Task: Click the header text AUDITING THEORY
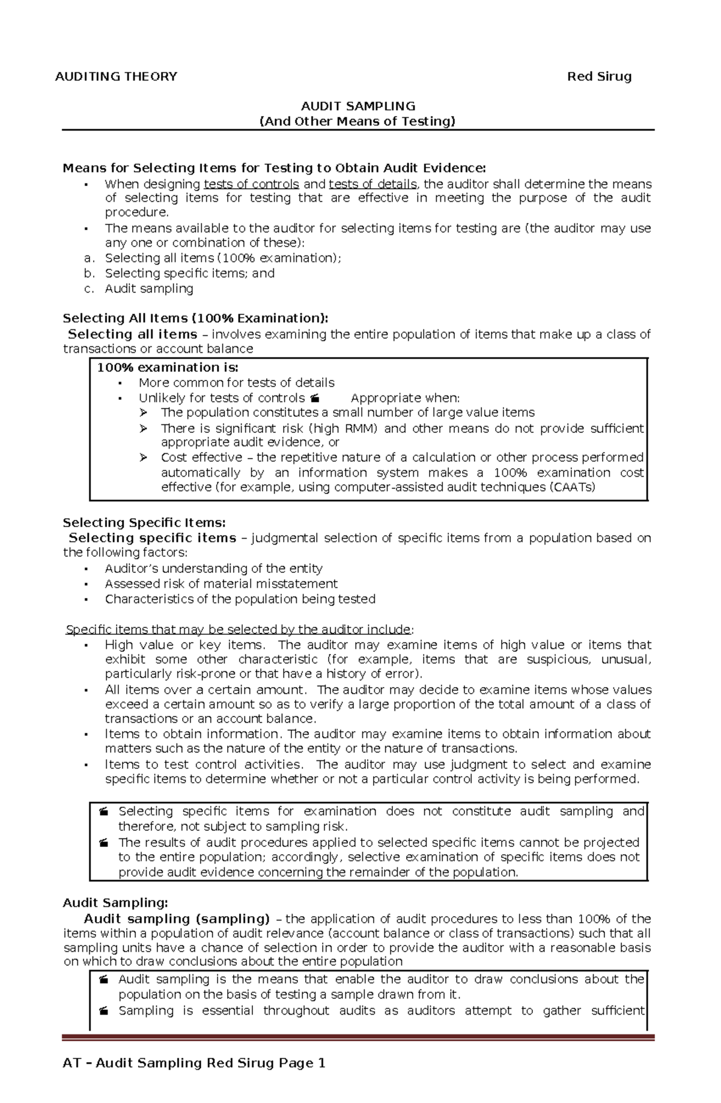click(x=116, y=76)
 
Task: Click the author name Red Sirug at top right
click(x=599, y=76)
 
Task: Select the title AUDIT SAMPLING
click(x=358, y=106)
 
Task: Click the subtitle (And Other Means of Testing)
click(x=357, y=121)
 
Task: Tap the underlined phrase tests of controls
click(x=251, y=184)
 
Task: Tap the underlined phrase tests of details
click(x=373, y=184)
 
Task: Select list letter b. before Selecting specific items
click(x=90, y=273)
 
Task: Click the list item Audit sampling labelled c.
click(x=149, y=289)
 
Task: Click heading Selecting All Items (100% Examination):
click(x=195, y=318)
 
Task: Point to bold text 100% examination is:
click(x=168, y=367)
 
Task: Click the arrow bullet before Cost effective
click(x=144, y=458)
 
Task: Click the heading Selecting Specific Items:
click(x=144, y=522)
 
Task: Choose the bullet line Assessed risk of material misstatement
click(x=221, y=584)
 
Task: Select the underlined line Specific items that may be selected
click(x=239, y=629)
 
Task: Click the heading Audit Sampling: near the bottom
click(x=115, y=903)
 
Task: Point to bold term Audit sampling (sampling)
click(x=177, y=918)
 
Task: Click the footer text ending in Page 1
click(x=194, y=1063)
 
